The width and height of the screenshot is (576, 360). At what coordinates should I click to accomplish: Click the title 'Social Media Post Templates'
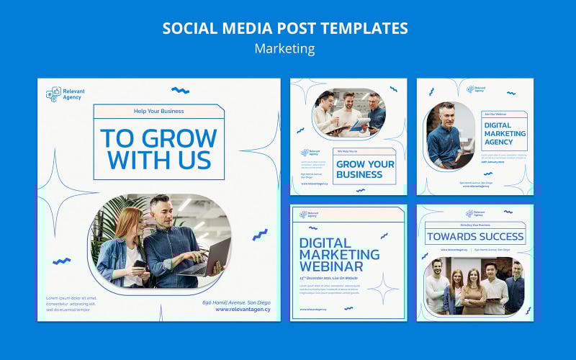285,28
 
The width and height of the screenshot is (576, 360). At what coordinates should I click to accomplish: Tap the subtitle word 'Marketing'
285,49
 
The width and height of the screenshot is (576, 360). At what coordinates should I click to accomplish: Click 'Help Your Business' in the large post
158,111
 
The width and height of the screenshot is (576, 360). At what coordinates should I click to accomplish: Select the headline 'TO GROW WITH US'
158,148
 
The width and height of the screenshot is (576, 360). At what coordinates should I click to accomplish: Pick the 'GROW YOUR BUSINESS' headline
365,169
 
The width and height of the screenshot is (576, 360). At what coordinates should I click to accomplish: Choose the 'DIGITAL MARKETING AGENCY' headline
504,133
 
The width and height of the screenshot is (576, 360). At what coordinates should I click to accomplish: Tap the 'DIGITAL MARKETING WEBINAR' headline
339,254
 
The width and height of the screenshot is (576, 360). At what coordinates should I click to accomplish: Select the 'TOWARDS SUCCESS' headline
475,235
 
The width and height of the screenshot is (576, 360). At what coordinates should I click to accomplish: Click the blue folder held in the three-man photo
359,124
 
